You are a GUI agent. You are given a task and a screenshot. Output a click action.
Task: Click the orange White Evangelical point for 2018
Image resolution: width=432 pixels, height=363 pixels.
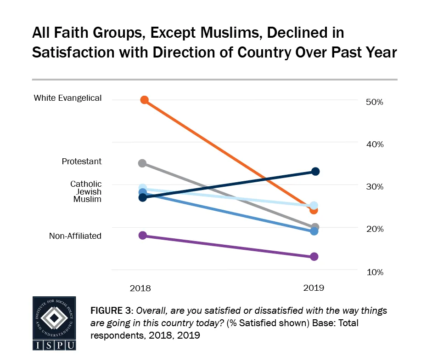[144, 100]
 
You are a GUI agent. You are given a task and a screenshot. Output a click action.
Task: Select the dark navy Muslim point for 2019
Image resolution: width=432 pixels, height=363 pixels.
[315, 172]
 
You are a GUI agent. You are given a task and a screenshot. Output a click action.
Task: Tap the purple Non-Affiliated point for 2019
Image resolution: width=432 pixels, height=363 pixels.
[314, 256]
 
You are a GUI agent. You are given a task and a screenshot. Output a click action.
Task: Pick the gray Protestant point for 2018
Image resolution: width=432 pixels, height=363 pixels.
[142, 163]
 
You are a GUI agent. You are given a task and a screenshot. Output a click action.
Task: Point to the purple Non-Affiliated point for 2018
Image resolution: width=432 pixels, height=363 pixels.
[142, 235]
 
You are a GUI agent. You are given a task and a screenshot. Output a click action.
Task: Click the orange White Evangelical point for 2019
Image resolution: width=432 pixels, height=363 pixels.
[314, 210]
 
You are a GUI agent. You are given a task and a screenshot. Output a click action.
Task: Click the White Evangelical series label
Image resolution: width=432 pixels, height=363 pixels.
[67, 98]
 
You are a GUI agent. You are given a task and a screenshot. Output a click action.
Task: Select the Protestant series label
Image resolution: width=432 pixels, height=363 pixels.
[82, 161]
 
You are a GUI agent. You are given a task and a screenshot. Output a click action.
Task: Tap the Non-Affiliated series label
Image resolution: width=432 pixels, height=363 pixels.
[75, 236]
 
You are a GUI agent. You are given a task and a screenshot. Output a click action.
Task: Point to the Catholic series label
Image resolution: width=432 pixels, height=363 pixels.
[86, 184]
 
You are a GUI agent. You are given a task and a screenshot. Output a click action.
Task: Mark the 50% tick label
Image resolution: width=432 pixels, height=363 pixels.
[375, 102]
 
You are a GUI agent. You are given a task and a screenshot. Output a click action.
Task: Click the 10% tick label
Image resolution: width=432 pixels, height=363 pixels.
[375, 272]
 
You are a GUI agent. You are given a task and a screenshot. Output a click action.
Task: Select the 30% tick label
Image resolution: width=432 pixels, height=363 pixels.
[375, 187]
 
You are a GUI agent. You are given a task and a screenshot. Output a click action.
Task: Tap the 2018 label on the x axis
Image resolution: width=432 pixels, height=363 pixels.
[140, 288]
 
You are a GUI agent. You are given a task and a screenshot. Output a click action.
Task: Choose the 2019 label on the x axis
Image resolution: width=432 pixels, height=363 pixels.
[314, 288]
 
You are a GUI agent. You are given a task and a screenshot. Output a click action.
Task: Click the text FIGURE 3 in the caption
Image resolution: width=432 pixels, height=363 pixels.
[111, 311]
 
